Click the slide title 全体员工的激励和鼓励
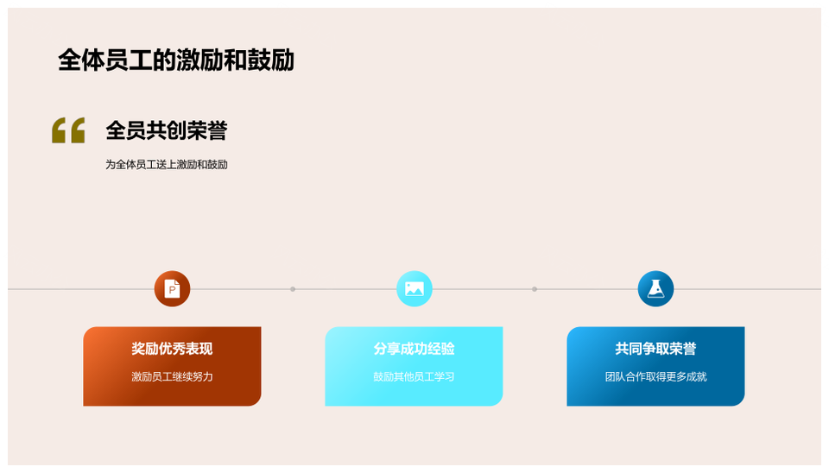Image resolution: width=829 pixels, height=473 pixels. click(x=176, y=60)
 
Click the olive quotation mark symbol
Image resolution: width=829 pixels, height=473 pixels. click(x=68, y=130)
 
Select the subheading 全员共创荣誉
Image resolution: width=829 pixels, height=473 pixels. click(x=167, y=130)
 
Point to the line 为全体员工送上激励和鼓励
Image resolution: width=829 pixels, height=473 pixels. click(x=167, y=164)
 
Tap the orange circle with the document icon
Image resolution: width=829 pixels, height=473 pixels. click(x=173, y=288)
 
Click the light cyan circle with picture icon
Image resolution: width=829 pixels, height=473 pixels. click(x=414, y=288)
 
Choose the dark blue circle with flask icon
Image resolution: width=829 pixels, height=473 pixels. click(x=655, y=288)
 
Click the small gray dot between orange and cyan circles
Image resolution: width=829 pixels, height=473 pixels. click(x=293, y=289)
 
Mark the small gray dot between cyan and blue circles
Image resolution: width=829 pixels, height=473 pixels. click(x=535, y=289)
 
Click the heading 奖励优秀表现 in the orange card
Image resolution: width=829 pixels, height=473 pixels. click(x=172, y=349)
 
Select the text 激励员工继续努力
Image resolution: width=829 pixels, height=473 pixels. click(x=172, y=377)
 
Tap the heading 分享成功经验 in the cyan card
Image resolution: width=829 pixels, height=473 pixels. click(x=414, y=349)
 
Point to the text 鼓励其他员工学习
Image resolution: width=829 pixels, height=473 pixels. click(x=414, y=377)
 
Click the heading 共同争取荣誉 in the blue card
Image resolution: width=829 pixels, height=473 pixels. click(x=655, y=349)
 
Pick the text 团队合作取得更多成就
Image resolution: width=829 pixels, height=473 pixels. click(x=655, y=377)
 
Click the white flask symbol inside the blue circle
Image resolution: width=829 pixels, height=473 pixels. click(x=655, y=288)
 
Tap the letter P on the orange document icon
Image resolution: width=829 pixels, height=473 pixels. click(x=172, y=290)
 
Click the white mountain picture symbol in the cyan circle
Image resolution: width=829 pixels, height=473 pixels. click(x=414, y=288)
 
